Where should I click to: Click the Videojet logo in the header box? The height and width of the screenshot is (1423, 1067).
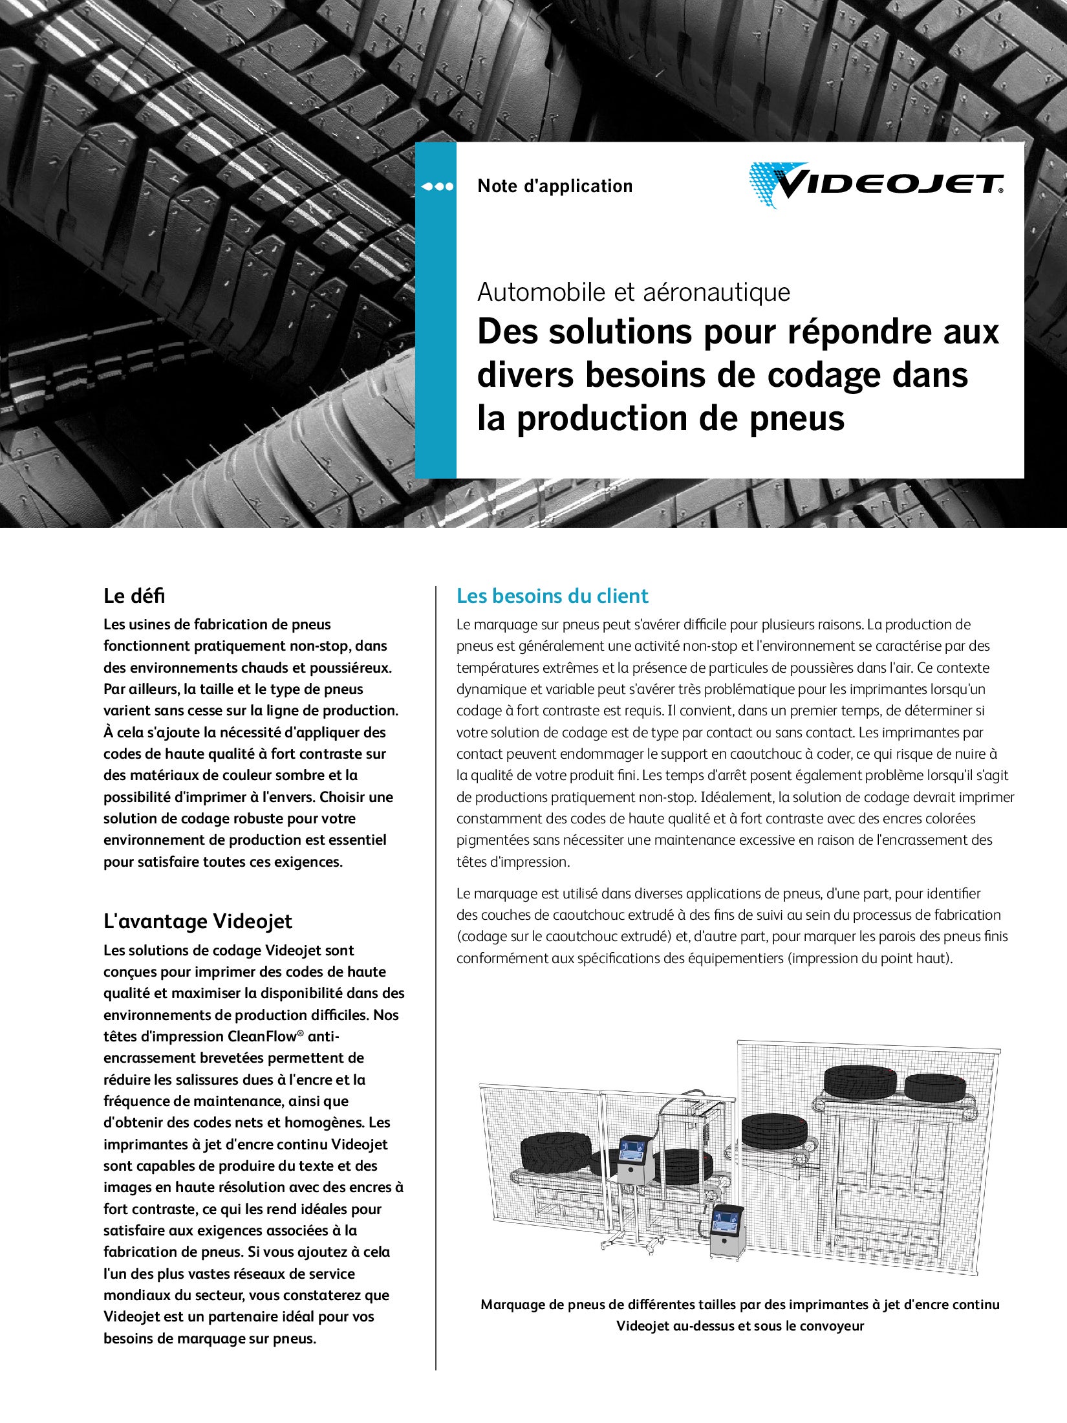point(876,184)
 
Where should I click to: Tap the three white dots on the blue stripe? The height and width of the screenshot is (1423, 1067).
point(437,187)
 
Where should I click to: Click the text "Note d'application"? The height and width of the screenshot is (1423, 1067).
point(555,186)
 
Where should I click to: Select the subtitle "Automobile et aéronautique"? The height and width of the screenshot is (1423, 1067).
point(634,292)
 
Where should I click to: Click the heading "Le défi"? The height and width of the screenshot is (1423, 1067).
point(135,596)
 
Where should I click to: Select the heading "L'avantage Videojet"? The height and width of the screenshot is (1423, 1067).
point(198,921)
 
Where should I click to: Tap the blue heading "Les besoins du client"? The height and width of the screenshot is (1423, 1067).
point(552,596)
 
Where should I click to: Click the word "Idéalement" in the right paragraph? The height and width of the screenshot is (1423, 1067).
point(740,797)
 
